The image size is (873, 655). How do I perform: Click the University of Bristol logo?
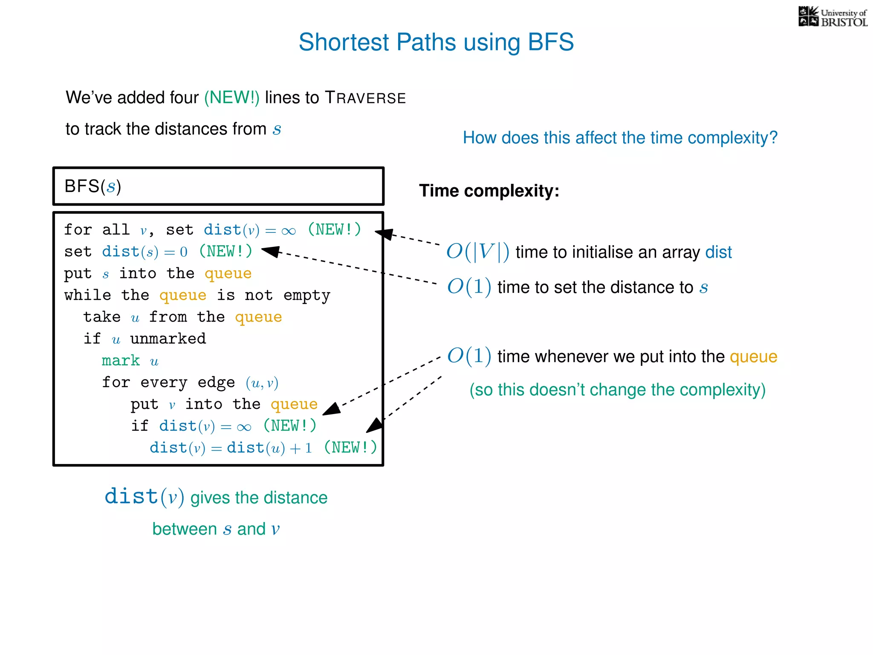pos(833,17)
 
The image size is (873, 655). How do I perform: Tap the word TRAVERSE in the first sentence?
pos(365,98)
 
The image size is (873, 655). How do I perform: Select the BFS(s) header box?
pos(218,186)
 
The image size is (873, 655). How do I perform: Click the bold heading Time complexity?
pos(489,191)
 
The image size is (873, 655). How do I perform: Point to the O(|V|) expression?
pos(477,252)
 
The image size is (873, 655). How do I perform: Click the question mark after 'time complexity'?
pos(773,138)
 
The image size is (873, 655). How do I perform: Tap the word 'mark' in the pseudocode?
pos(121,361)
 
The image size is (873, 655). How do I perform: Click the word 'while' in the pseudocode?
pos(87,295)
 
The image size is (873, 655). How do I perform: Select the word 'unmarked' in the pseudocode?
pos(168,339)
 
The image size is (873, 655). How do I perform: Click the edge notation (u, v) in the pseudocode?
pos(262,383)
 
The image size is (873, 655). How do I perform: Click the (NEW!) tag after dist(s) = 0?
pos(225,251)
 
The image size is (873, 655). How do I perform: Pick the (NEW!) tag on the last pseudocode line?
pos(350,447)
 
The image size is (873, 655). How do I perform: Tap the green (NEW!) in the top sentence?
pos(231,98)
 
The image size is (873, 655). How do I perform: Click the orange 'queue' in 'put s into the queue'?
pos(228,273)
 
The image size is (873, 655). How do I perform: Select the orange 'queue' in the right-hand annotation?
pos(753,356)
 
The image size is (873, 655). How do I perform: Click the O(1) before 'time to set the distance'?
pos(469,287)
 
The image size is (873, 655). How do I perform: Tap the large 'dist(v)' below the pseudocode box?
pos(144,497)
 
